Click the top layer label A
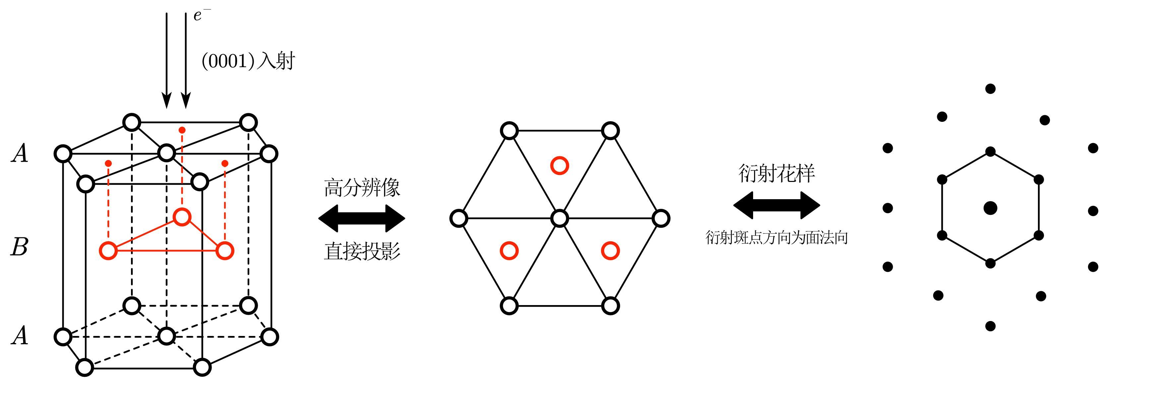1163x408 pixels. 20,154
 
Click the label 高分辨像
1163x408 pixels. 361,187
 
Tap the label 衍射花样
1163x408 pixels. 777,173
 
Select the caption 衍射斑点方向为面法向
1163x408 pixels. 777,238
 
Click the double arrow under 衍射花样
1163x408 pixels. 777,205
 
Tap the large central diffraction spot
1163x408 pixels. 990,208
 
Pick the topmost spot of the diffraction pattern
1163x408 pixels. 990,89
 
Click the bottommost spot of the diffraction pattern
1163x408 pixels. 990,326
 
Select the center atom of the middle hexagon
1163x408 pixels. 560,218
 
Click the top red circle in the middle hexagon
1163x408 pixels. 560,166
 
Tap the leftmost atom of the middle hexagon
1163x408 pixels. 459,218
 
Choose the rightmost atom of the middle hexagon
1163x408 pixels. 661,218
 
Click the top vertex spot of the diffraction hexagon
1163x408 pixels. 990,152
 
